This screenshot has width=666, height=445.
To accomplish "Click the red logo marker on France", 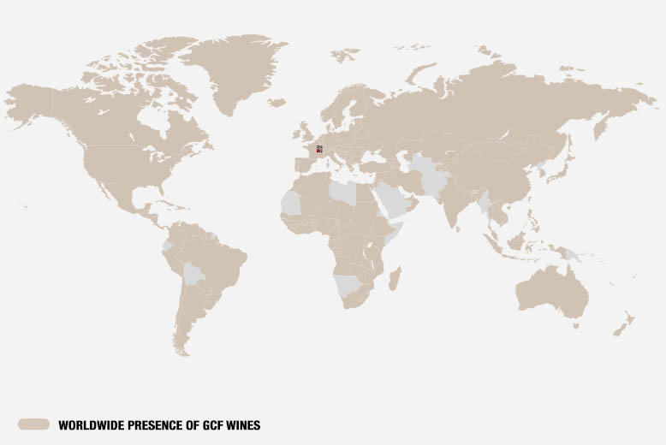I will pos(318,151).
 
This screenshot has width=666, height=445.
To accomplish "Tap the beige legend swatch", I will pos(33,424).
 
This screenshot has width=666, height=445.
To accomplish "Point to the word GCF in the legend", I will pos(202,424).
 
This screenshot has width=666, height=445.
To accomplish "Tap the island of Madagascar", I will pos(395,278).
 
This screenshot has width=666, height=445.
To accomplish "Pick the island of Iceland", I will pos(277,102).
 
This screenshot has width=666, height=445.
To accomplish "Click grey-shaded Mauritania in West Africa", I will pos(292,204).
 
